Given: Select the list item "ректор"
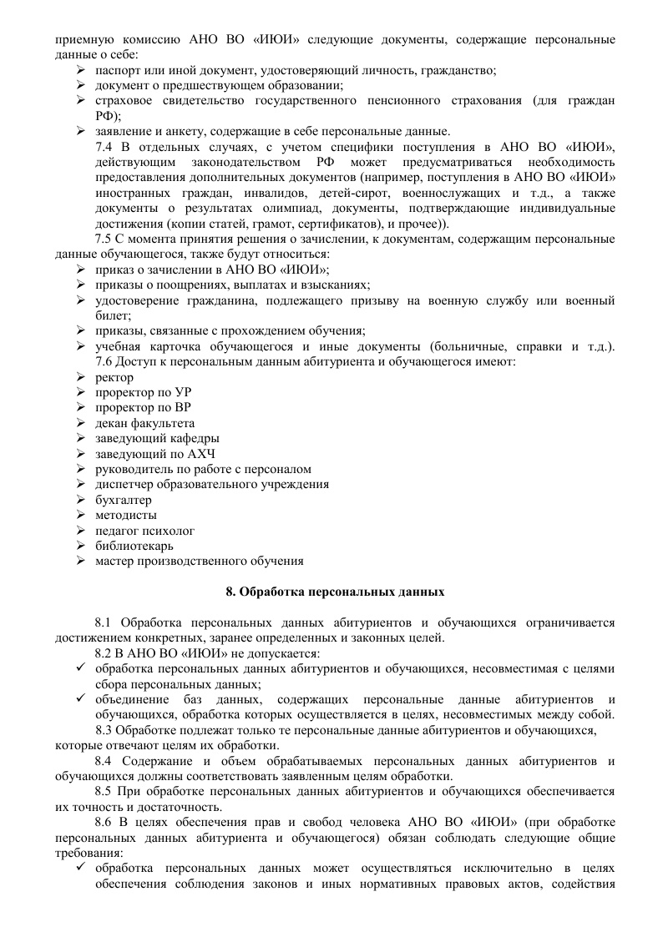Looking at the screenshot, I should pyautogui.click(x=114, y=377).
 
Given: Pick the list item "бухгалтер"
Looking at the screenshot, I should pyautogui.click(x=124, y=500).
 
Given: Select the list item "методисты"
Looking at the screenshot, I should pyautogui.click(x=126, y=515).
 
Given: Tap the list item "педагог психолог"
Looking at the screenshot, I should pyautogui.click(x=144, y=531).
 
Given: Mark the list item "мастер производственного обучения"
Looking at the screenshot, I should pyautogui.click(x=199, y=562).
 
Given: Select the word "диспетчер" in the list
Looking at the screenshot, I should pyautogui.click(x=124, y=484).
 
